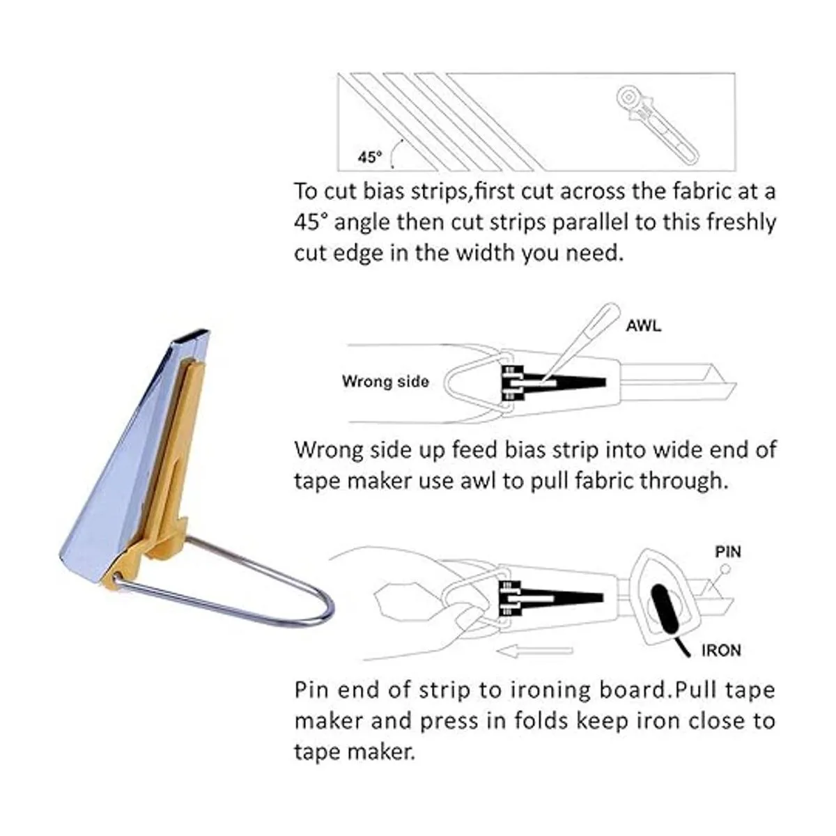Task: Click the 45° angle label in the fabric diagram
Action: click(370, 157)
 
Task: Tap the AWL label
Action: click(644, 326)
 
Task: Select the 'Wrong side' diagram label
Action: click(385, 381)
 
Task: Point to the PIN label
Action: click(728, 552)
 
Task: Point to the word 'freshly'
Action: click(741, 223)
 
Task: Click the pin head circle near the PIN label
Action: click(726, 568)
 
